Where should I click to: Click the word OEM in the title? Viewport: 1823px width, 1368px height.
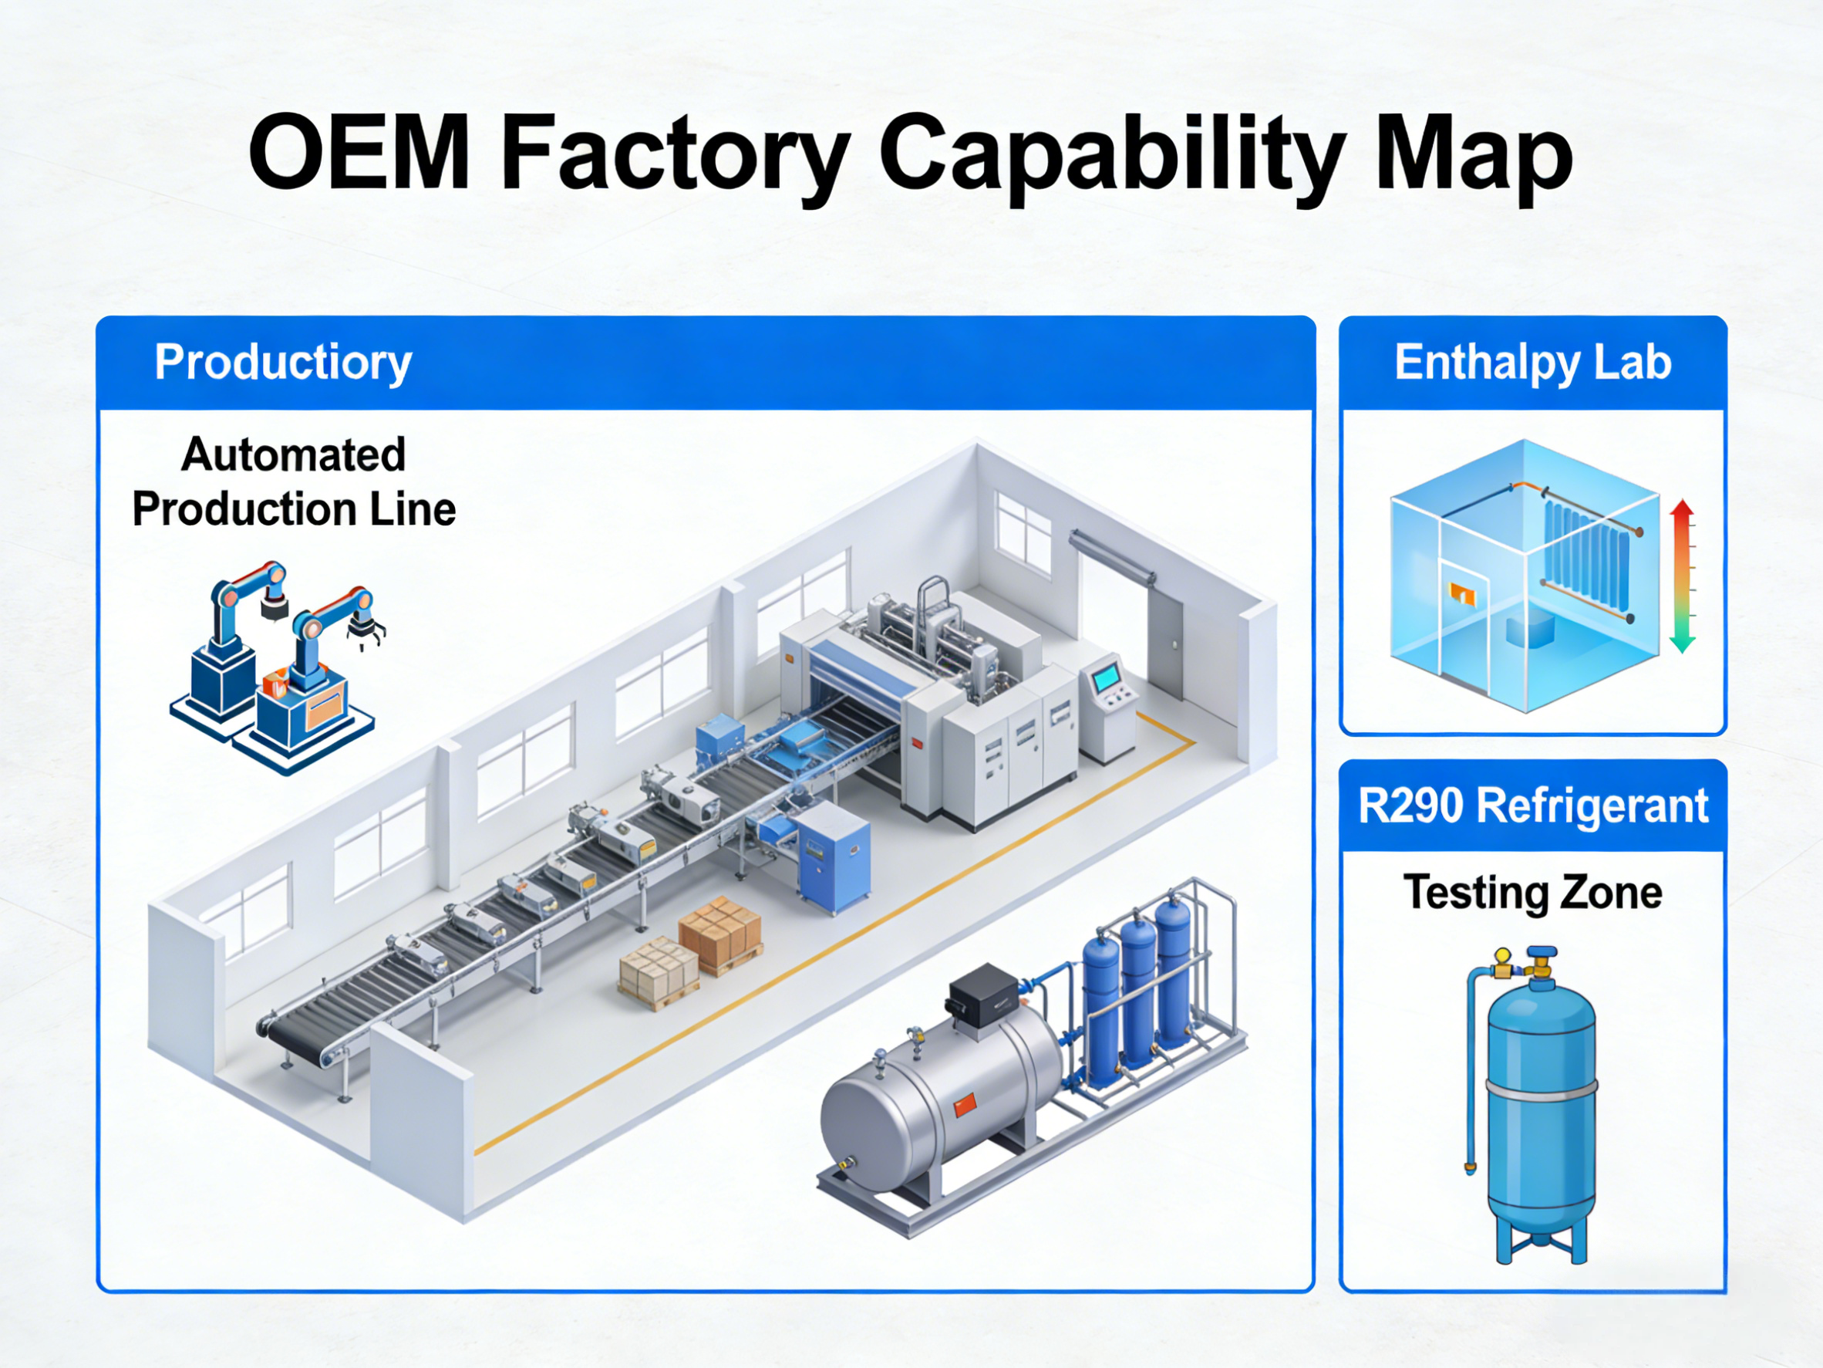[x=359, y=154]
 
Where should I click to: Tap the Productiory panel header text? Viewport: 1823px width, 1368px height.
[x=283, y=362]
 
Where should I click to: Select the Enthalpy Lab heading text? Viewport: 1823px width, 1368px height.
[x=1532, y=362]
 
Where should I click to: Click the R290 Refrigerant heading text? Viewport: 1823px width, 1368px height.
[x=1532, y=806]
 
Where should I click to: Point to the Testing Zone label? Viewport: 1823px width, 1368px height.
[x=1532, y=892]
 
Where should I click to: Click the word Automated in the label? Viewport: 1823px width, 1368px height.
[x=293, y=454]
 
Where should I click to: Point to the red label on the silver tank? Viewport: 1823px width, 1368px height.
[x=965, y=1105]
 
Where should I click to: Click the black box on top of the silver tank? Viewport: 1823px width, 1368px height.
[x=982, y=995]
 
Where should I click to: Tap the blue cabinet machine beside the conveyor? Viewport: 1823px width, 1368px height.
[x=834, y=857]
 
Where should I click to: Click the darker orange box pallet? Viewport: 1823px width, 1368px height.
[x=720, y=934]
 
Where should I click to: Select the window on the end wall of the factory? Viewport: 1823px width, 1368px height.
[x=1023, y=532]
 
